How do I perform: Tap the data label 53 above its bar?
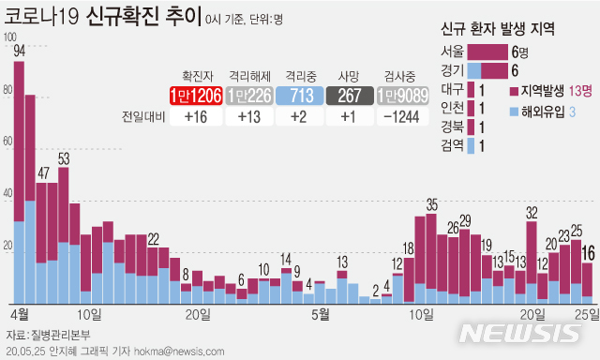click(x=64, y=159)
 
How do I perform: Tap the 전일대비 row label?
click(x=142, y=116)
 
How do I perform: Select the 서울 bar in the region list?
click(x=487, y=52)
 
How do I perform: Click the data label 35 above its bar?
click(x=432, y=204)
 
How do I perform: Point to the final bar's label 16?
click(x=588, y=252)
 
